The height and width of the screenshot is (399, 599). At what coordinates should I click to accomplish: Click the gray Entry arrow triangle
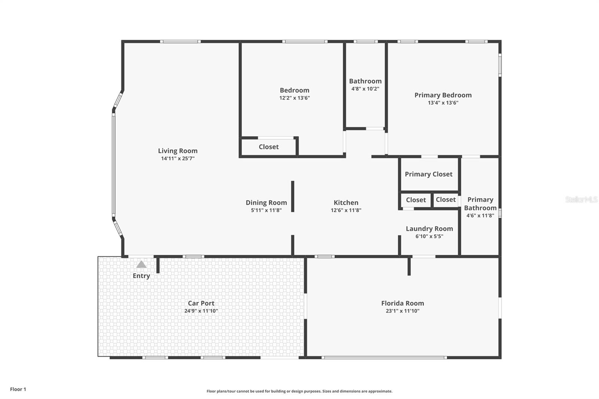click(x=141, y=265)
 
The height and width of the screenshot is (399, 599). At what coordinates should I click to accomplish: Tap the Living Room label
click(x=177, y=151)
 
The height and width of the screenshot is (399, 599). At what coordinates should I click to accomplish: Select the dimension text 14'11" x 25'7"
click(x=177, y=158)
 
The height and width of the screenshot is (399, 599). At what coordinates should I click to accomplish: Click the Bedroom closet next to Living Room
click(x=268, y=147)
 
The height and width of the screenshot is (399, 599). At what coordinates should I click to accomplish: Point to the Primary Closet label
click(x=428, y=174)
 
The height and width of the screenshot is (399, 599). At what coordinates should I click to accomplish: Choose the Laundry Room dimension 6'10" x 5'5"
click(x=429, y=236)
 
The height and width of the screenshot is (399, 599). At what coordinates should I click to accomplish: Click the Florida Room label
click(x=402, y=303)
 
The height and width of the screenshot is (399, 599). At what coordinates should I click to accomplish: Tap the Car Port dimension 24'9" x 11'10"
click(x=201, y=311)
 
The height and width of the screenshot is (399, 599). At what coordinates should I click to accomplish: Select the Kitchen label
click(x=346, y=202)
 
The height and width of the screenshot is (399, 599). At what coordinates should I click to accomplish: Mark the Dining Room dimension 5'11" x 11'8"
click(x=266, y=210)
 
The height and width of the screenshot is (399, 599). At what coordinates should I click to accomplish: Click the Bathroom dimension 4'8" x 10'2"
click(x=365, y=89)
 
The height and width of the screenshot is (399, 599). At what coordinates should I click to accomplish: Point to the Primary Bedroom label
click(x=443, y=95)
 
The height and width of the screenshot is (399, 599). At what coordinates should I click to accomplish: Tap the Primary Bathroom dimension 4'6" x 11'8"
click(x=480, y=215)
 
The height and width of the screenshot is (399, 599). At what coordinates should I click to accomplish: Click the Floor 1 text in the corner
click(x=18, y=389)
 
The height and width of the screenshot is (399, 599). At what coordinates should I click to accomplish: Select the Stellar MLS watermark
click(x=581, y=199)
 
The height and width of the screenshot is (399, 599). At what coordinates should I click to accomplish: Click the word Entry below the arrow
click(x=141, y=276)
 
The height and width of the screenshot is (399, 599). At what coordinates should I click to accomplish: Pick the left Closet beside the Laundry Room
click(x=416, y=200)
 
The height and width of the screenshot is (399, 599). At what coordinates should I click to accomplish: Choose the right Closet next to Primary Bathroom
click(x=446, y=199)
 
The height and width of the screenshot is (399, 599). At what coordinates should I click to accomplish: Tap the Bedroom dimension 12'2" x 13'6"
click(x=294, y=98)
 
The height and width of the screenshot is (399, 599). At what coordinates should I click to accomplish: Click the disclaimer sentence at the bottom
click(x=299, y=391)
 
